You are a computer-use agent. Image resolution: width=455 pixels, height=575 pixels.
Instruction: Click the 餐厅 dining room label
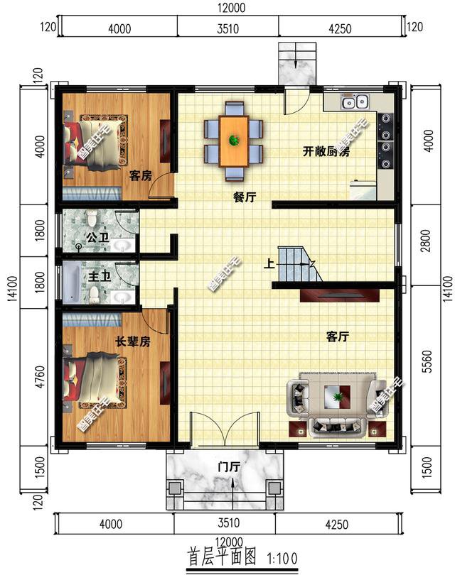pyautogui.click(x=244, y=199)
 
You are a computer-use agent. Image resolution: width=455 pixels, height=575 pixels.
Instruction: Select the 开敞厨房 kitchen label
pyautogui.click(x=326, y=151)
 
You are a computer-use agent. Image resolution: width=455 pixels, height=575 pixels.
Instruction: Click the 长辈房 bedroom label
pyautogui.click(x=133, y=341)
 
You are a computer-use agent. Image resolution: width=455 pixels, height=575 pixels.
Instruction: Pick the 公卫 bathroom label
pyautogui.click(x=97, y=236)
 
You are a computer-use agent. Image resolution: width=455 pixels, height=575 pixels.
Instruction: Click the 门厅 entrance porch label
pyautogui.click(x=228, y=467)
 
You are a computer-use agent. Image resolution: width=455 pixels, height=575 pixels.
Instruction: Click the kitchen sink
pyautogui.click(x=353, y=102)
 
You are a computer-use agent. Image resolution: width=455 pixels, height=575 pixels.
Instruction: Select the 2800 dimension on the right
pyautogui.click(x=426, y=246)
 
